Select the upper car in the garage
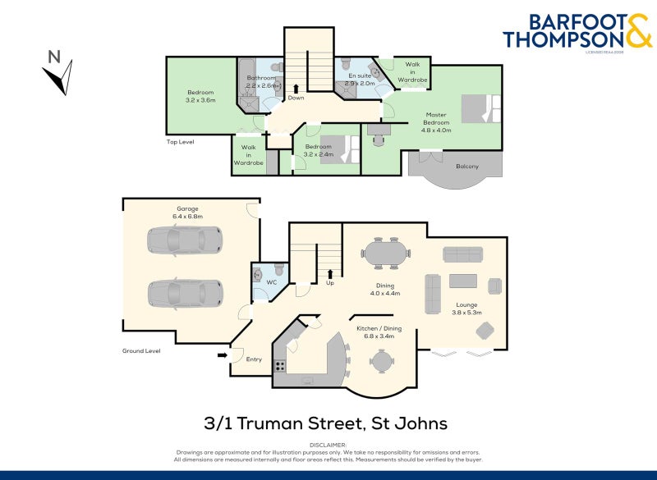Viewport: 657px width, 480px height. pyautogui.click(x=184, y=240)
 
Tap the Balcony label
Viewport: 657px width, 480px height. pyautogui.click(x=466, y=167)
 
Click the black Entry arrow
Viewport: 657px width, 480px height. pyautogui.click(x=223, y=355)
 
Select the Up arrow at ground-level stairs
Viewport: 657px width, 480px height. pyautogui.click(x=330, y=273)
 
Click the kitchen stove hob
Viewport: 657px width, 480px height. pyautogui.click(x=280, y=366)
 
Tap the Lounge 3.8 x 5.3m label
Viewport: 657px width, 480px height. pyautogui.click(x=467, y=309)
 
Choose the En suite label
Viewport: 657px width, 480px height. pyautogui.click(x=360, y=79)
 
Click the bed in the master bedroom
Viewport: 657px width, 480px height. pyautogui.click(x=480, y=109)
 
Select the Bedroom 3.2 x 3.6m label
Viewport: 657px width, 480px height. pyautogui.click(x=200, y=96)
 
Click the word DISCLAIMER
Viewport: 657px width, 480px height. pyautogui.click(x=328, y=444)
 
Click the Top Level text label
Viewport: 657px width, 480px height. pyautogui.click(x=180, y=142)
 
